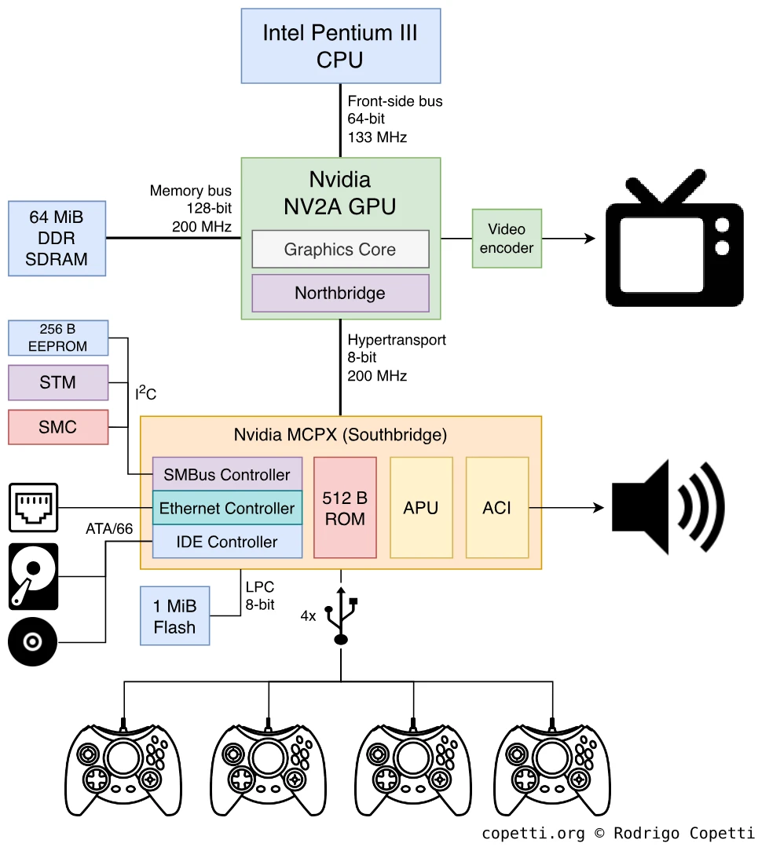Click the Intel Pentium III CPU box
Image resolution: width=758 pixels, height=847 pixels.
click(340, 46)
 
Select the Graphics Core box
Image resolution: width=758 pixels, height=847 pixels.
click(340, 250)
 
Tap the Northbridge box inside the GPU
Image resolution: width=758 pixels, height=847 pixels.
click(340, 294)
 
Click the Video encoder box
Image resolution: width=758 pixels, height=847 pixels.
click(507, 239)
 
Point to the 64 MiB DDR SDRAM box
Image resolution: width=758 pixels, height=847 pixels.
click(57, 238)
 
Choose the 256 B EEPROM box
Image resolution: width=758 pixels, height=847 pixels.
click(57, 338)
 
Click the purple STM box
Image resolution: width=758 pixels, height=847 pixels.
click(57, 383)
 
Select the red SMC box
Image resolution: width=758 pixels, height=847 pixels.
click(57, 427)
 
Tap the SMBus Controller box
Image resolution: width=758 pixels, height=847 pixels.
click(227, 474)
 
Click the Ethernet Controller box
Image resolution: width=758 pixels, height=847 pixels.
click(227, 508)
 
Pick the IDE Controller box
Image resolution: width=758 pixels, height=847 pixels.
click(227, 542)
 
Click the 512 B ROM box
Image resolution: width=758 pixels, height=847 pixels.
click(345, 508)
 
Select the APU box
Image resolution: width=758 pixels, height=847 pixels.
click(421, 508)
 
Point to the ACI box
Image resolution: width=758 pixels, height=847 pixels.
click(496, 508)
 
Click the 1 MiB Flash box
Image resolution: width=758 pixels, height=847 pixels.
click(174, 616)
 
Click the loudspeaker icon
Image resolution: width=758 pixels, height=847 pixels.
click(668, 507)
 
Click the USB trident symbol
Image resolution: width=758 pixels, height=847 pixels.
click(341, 617)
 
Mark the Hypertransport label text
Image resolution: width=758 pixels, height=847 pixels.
click(397, 340)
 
